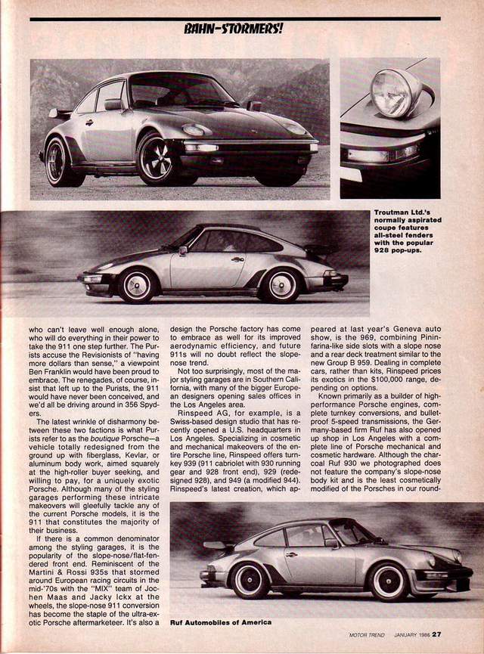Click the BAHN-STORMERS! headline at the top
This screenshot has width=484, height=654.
[234, 29]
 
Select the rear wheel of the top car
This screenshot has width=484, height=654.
[60, 162]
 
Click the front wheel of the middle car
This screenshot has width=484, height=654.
[138, 285]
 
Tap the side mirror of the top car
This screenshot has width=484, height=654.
[114, 105]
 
